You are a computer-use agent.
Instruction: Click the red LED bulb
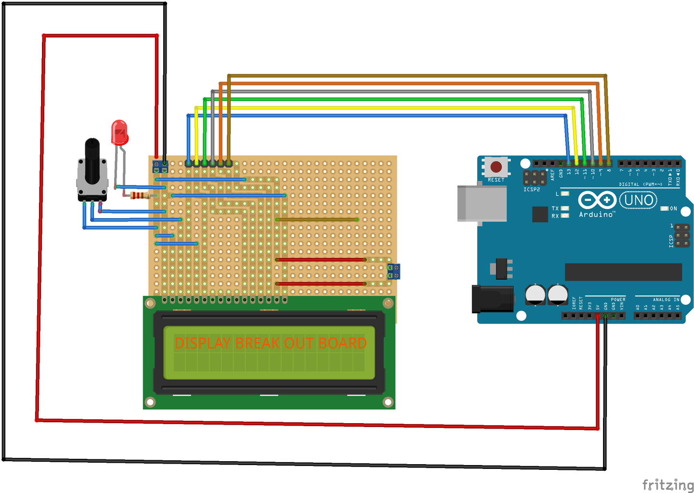(119, 132)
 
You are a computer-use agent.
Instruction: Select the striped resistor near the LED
(140, 195)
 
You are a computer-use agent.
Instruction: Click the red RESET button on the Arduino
(496, 167)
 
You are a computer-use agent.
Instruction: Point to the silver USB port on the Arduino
(482, 203)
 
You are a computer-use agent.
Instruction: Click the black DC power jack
(491, 299)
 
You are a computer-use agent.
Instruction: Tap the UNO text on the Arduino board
(638, 200)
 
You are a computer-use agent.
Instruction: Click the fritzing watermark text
(668, 484)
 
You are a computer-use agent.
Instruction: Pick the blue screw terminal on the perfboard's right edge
(394, 272)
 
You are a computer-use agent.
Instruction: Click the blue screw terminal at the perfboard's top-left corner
(160, 167)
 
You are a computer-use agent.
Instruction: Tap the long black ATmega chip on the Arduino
(623, 272)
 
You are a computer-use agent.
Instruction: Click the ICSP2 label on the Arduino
(532, 190)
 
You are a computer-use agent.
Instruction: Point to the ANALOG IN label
(666, 299)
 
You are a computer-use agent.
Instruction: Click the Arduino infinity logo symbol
(597, 200)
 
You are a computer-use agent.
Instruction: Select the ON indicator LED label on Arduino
(673, 208)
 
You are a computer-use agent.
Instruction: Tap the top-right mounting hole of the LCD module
(388, 303)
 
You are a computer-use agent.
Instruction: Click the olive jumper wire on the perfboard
(317, 220)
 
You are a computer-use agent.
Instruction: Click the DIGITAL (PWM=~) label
(640, 184)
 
